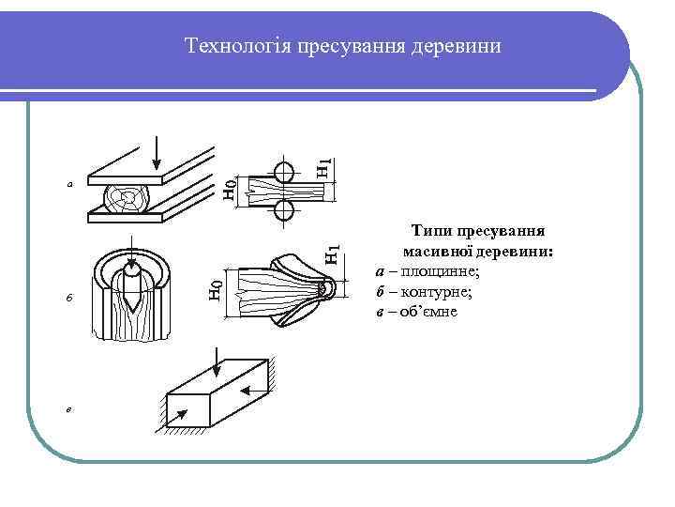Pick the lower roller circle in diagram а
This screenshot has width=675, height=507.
[284, 212]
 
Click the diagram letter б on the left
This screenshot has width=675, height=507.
[68, 299]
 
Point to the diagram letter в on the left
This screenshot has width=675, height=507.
[68, 408]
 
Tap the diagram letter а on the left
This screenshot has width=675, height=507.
[68, 184]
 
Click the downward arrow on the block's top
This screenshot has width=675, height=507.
[217, 361]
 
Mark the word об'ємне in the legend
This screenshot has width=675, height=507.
[427, 311]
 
